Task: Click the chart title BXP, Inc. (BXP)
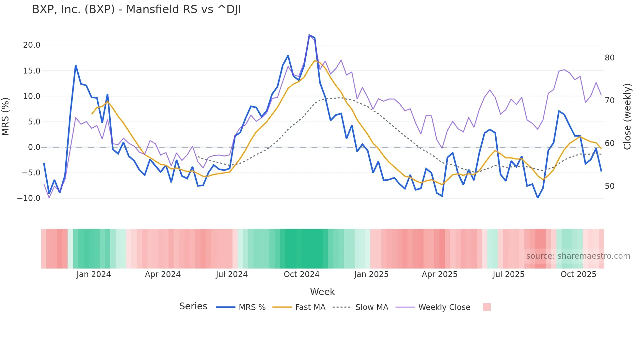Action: (x=136, y=9)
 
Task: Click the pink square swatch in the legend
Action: (x=487, y=307)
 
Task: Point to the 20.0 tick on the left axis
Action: (x=32, y=45)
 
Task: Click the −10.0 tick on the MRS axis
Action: (x=29, y=198)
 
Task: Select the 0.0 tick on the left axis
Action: (x=34, y=147)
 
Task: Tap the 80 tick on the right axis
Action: (x=609, y=58)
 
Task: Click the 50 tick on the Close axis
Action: (x=609, y=186)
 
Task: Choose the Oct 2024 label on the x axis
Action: (x=301, y=274)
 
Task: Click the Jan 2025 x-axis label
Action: (x=371, y=274)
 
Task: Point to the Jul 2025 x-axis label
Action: (x=508, y=274)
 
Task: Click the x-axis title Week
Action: (x=322, y=292)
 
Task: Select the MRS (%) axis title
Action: (x=6, y=117)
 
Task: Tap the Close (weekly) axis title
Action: (x=627, y=117)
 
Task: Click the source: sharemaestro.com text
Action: (x=578, y=256)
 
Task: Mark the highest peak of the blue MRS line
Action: (x=309, y=35)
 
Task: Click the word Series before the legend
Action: (x=193, y=306)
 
